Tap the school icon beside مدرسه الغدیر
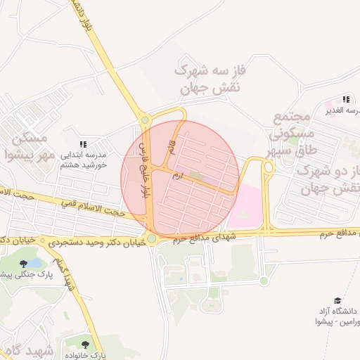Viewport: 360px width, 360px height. (345, 100)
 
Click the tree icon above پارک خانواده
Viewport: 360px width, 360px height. (86, 345)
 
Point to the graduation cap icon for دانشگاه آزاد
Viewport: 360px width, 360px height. (336, 302)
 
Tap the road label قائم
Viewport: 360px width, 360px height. (170, 147)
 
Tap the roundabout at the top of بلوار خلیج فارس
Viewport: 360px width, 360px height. (146, 120)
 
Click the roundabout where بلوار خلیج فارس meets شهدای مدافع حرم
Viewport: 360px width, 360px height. (151, 239)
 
